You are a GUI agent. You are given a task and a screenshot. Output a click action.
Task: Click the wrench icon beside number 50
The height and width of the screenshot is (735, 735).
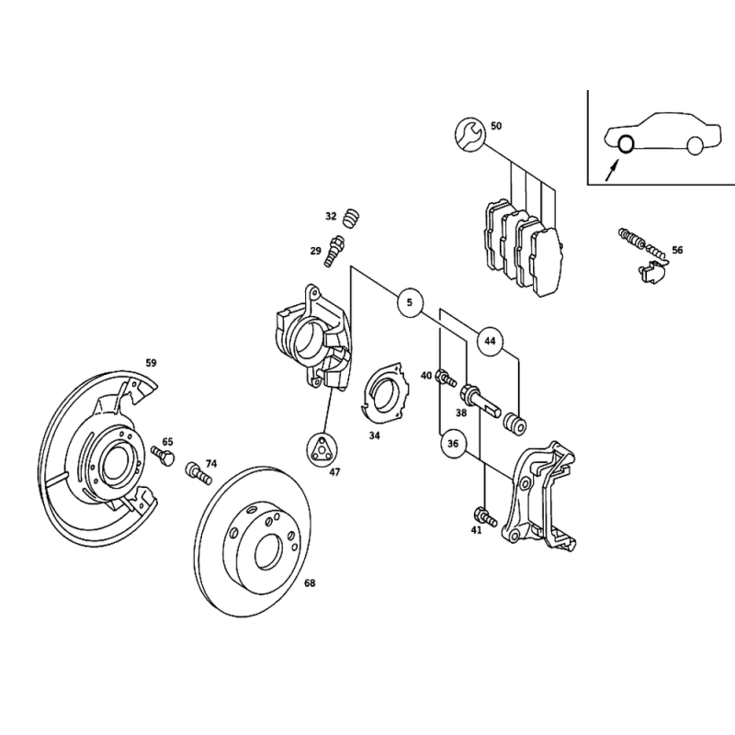tap(469, 134)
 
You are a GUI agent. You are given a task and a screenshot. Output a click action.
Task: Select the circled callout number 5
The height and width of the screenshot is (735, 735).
tap(410, 302)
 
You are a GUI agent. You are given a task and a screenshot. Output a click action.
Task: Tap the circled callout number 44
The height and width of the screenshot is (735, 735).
tap(490, 341)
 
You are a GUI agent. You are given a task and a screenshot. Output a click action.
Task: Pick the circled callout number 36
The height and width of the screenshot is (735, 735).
tap(453, 444)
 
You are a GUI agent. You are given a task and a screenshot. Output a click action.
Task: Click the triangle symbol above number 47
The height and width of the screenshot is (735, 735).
tap(320, 448)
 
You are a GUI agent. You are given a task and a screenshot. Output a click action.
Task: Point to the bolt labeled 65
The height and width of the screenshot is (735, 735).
tap(163, 456)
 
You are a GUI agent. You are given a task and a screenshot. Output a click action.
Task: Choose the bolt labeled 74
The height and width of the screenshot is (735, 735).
tap(198, 473)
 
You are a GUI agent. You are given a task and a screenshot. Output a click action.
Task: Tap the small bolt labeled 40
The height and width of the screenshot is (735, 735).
tap(446, 379)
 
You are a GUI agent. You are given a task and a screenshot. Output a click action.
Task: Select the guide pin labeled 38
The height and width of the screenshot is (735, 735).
tap(481, 401)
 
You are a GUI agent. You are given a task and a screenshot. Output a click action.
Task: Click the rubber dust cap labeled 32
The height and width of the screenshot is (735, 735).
tap(351, 218)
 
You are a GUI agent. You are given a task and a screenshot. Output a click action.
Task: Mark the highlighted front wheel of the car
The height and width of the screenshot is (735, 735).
tap(625, 144)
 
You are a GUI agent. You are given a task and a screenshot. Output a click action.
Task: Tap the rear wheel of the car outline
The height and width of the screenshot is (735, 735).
tap(695, 145)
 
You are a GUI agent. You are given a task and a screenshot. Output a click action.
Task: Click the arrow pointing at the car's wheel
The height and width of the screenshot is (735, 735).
tap(611, 170)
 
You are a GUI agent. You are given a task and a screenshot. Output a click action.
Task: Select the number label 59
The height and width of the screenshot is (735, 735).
tap(151, 363)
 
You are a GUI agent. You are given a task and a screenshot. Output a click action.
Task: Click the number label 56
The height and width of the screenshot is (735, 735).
tap(677, 250)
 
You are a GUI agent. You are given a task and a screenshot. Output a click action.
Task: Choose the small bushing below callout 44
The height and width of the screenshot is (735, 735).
tap(514, 423)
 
